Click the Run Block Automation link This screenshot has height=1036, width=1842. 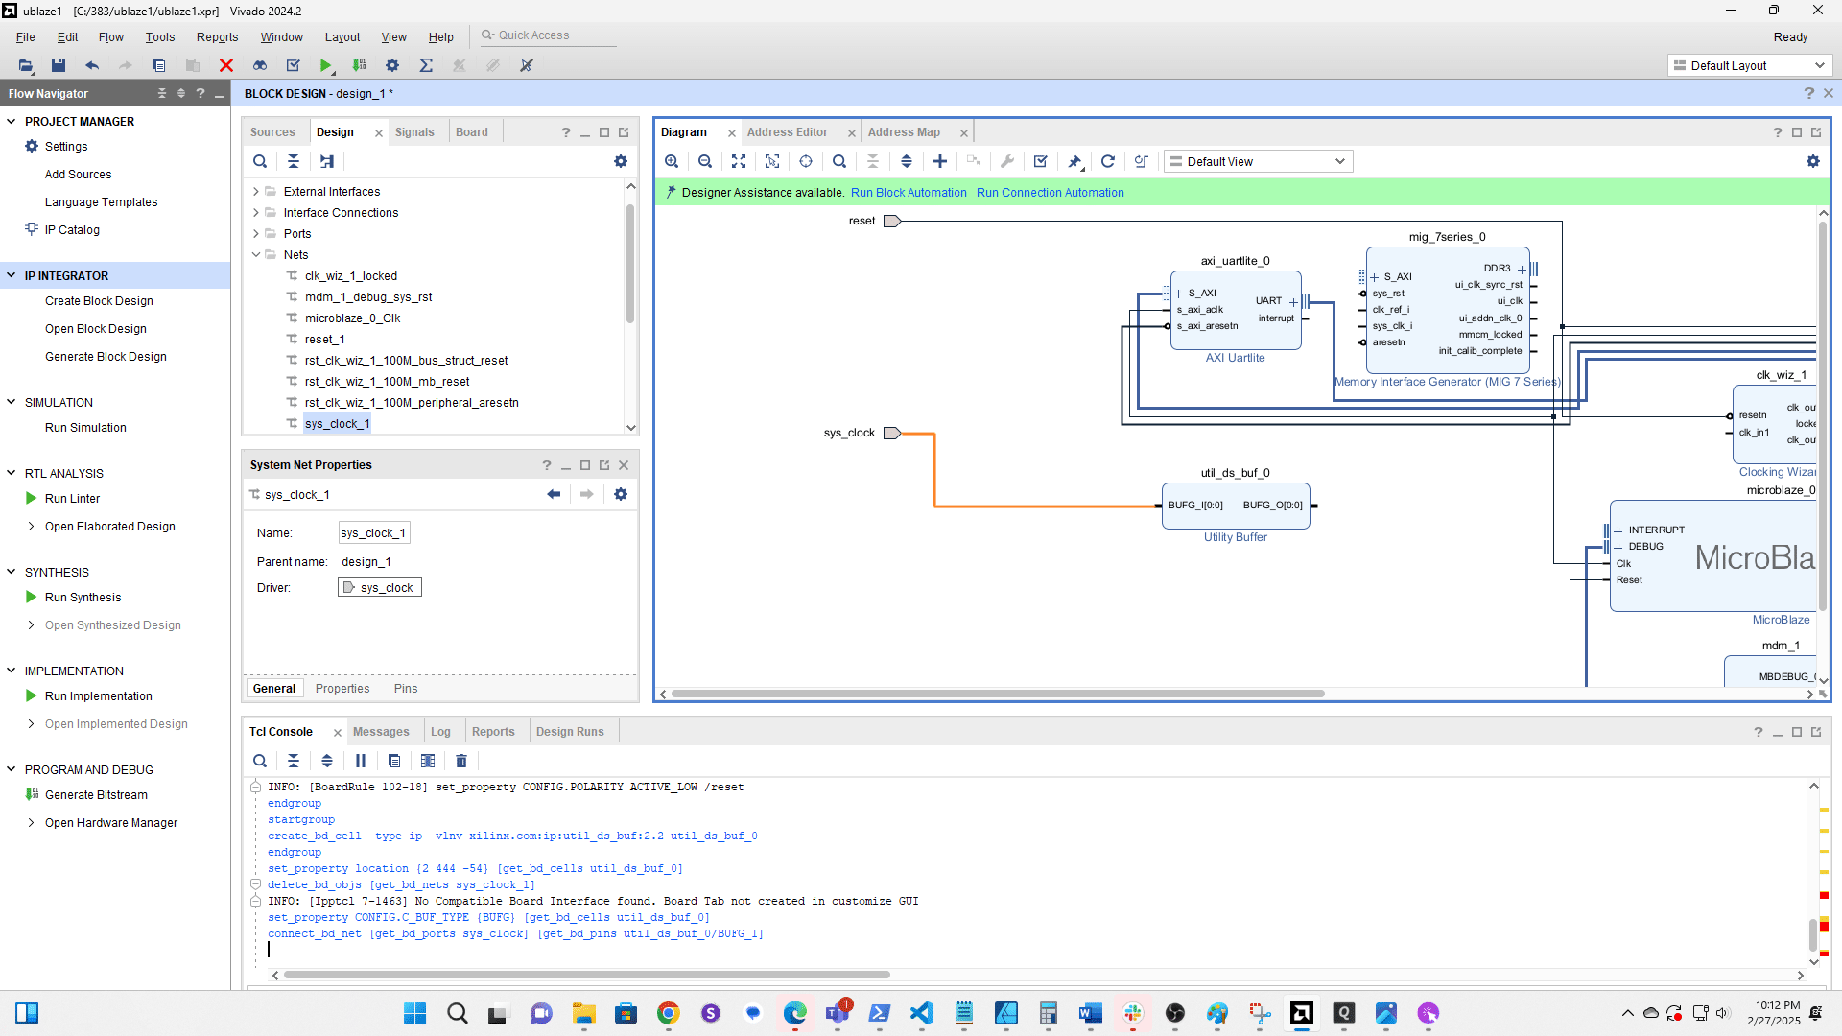(x=908, y=193)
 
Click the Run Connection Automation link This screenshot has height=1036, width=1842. (x=1050, y=193)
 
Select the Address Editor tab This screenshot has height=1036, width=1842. (x=787, y=132)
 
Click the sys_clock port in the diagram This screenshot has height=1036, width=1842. (x=891, y=433)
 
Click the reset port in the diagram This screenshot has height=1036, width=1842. (x=891, y=221)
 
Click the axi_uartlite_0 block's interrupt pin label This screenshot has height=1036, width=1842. (x=1276, y=318)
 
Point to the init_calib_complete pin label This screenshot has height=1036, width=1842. (x=1479, y=351)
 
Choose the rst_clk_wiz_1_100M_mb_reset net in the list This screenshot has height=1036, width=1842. (x=387, y=382)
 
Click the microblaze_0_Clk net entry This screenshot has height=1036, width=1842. (x=352, y=318)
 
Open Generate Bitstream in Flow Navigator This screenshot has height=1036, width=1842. (x=96, y=795)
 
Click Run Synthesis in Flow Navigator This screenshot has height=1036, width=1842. (x=83, y=598)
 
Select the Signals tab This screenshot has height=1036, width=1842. (x=414, y=132)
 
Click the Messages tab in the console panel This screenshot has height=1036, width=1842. (x=381, y=732)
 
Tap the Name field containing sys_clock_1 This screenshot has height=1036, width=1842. (x=373, y=533)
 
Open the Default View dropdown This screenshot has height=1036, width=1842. (x=1258, y=162)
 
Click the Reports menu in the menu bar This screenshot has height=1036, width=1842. (x=217, y=37)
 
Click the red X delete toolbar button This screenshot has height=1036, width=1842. (x=226, y=65)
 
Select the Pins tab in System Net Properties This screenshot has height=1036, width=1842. (x=405, y=689)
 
